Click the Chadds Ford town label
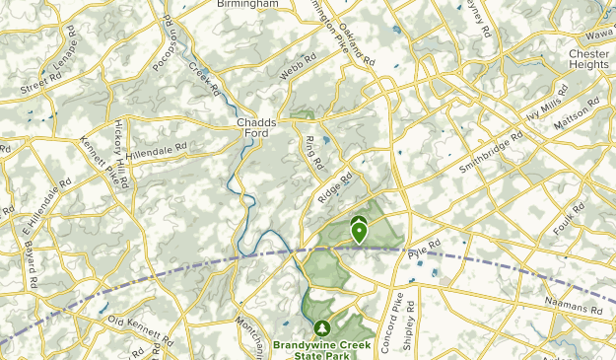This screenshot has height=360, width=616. [256, 129]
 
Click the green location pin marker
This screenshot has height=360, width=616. [360, 233]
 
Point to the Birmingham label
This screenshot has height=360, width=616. [246, 4]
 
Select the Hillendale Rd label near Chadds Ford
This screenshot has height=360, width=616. [156, 150]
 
